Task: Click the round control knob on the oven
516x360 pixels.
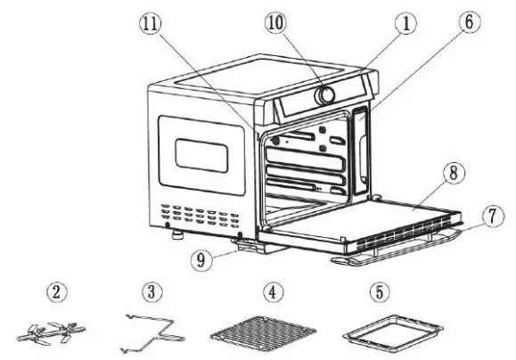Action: tap(327, 94)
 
